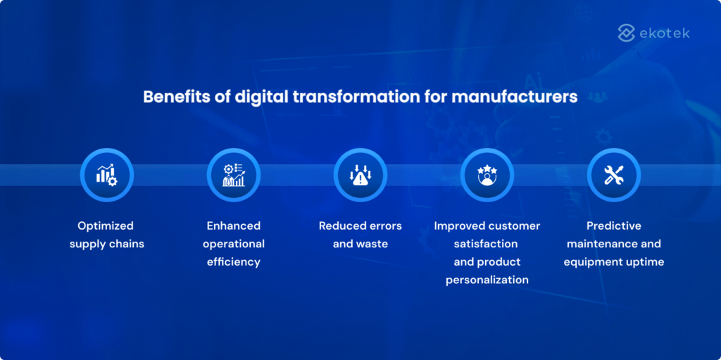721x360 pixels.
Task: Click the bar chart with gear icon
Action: [107, 175]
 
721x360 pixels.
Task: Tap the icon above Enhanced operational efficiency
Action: [234, 175]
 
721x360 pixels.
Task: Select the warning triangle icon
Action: [360, 175]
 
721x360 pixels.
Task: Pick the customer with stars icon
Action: [487, 175]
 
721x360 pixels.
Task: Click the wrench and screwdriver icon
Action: [614, 175]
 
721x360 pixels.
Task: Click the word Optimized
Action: [106, 226]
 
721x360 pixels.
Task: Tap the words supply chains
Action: [106, 244]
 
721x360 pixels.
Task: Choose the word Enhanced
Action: [234, 226]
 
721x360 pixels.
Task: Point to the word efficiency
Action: [234, 262]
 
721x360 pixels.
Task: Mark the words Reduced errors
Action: [360, 226]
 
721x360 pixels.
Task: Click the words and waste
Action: [360, 244]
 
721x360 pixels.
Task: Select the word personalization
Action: [487, 280]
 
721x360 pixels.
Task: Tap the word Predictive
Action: [614, 226]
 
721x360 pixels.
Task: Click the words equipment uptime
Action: [614, 262]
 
